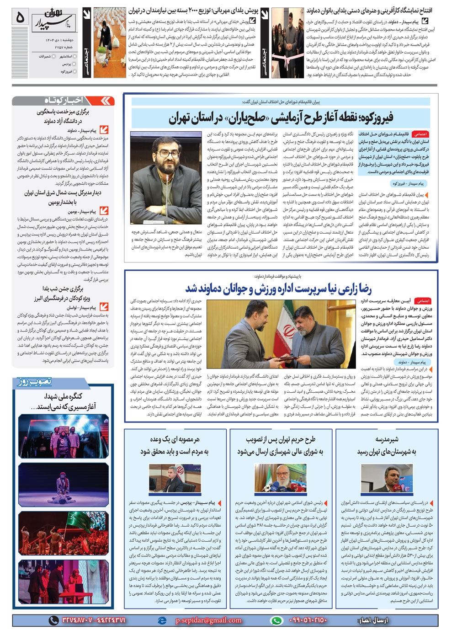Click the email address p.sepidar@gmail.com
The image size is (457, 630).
[x=208, y=620]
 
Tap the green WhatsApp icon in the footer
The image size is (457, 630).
[x=276, y=620]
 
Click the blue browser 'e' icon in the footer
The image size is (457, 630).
[x=162, y=620]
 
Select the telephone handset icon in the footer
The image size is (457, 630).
[x=53, y=620]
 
